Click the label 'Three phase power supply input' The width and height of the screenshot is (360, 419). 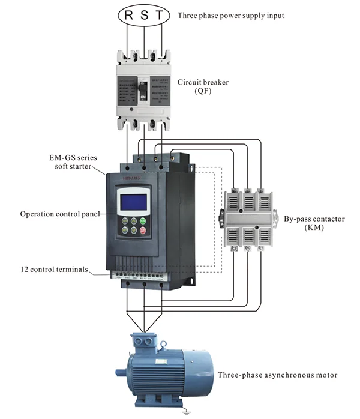[x=239, y=15]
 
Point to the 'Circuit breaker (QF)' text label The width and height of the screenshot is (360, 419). [x=200, y=87]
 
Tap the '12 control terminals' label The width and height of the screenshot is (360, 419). [x=55, y=270]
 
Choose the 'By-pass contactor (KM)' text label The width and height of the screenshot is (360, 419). [x=314, y=223]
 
